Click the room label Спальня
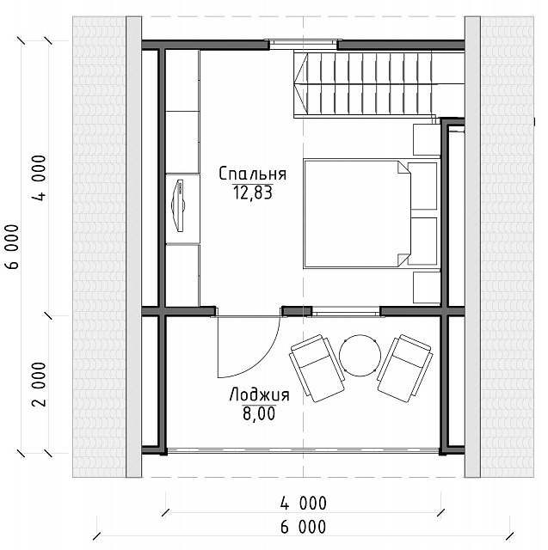[252, 174]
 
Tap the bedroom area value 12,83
[253, 192]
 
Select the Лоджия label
[260, 395]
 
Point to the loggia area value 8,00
[259, 413]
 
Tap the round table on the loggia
[360, 355]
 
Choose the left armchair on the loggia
[317, 368]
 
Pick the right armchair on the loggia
[405, 368]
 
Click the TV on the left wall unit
[178, 205]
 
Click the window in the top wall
[304, 42]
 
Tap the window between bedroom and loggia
[346, 311]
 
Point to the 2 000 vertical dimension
[40, 384]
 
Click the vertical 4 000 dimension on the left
[40, 178]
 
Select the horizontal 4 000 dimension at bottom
[304, 504]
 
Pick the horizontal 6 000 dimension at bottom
[304, 527]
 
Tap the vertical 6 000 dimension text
[12, 247]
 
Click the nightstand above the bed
[427, 139]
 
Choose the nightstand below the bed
[427, 287]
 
